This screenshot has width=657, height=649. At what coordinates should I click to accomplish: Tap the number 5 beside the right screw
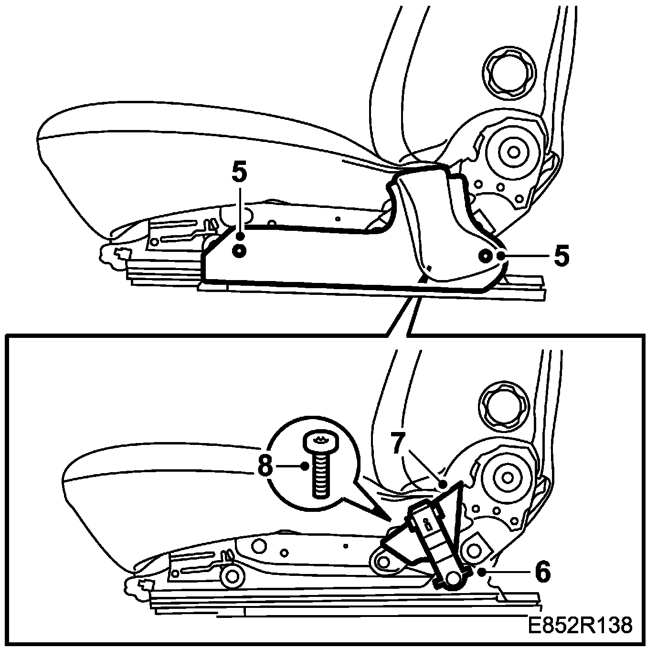[x=562, y=256]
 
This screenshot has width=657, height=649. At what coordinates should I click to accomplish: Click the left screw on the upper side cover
[x=239, y=250]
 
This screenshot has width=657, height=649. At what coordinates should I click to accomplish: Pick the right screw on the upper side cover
[x=485, y=256]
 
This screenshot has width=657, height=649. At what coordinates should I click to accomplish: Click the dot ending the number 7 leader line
[x=443, y=484]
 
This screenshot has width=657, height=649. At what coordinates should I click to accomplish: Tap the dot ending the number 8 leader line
[x=305, y=466]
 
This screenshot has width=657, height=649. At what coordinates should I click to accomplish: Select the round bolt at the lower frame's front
[x=233, y=576]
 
